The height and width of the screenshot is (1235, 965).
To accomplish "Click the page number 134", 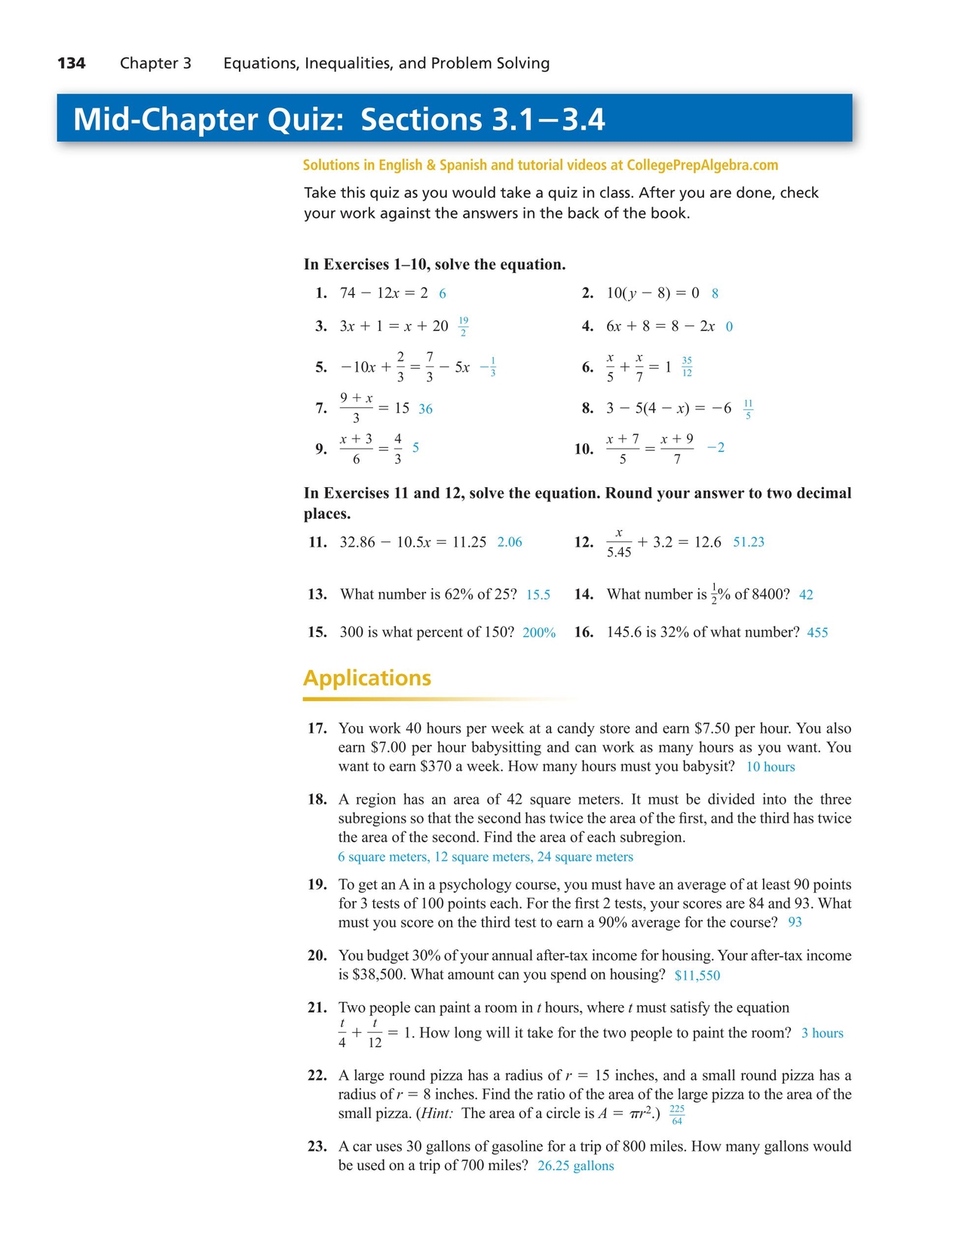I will pyautogui.click(x=72, y=63).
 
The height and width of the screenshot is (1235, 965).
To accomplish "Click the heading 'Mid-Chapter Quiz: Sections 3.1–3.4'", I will pyautogui.click(x=339, y=119).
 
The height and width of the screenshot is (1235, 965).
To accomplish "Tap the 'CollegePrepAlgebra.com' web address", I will pyautogui.click(x=702, y=165).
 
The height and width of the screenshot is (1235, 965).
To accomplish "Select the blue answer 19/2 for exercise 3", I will pyautogui.click(x=463, y=326).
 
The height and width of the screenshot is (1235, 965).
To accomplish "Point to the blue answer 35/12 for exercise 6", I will pyautogui.click(x=687, y=367).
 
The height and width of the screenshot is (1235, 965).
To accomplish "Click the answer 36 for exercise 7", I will pyautogui.click(x=425, y=409).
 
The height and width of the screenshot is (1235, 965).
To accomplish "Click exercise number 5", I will pyautogui.click(x=321, y=367).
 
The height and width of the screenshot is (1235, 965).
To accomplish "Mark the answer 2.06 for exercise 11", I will pyautogui.click(x=510, y=542).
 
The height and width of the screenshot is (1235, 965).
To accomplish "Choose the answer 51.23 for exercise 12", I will pyautogui.click(x=749, y=542).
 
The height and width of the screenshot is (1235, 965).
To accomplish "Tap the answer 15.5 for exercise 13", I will pyautogui.click(x=538, y=595).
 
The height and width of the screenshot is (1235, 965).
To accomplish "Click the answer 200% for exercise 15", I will pyautogui.click(x=539, y=633).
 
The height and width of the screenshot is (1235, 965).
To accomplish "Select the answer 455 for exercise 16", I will pyautogui.click(x=817, y=633).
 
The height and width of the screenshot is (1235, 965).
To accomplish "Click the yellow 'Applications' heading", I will pyautogui.click(x=367, y=678).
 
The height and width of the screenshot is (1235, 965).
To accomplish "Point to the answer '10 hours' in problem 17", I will pyautogui.click(x=770, y=767).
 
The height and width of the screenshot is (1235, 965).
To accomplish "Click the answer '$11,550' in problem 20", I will pyautogui.click(x=697, y=976).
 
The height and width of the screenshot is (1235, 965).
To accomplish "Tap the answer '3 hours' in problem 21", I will pyautogui.click(x=823, y=1033).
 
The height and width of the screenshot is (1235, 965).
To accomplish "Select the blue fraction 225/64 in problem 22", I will pyautogui.click(x=677, y=1115).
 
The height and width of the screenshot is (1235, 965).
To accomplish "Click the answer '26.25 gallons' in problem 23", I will pyautogui.click(x=576, y=1166).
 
